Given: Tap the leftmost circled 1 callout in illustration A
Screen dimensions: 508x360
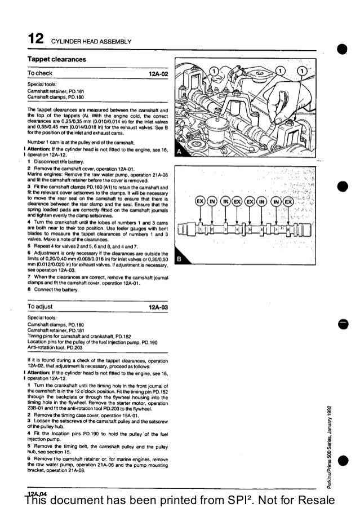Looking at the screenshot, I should click(x=214, y=71).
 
